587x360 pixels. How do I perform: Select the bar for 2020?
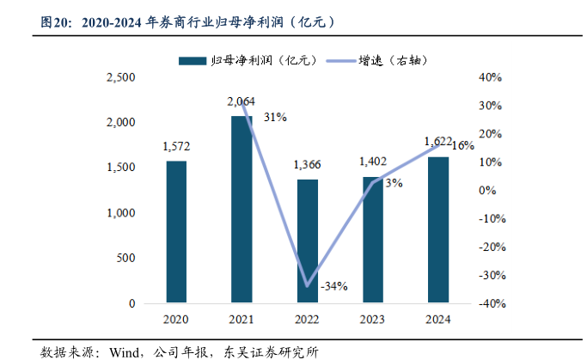coord(176,232)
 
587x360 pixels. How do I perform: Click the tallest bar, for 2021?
coord(242,210)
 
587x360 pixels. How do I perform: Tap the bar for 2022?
coord(307,241)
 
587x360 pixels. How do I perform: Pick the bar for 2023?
coord(372,240)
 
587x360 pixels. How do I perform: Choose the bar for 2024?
coord(437,230)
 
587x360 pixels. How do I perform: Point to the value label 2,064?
coord(242,101)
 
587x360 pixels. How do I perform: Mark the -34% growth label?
coord(333,286)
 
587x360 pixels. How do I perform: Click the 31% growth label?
coord(275,117)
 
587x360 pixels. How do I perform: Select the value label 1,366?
coord(307,165)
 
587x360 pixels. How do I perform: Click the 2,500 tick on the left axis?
coord(121,77)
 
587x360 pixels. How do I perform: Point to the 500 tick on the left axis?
coord(126,259)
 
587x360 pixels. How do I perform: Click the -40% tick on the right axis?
coord(488,304)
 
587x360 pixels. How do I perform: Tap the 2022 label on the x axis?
coord(307,320)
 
